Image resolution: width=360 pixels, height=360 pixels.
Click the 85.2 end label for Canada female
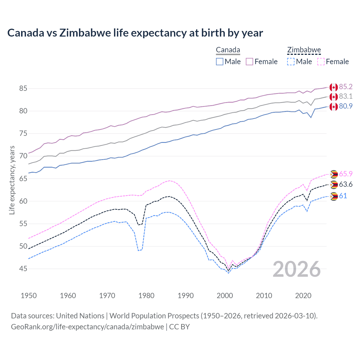pyautogui.click(x=346, y=87)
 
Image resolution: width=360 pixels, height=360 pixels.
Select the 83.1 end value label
pyautogui.click(x=346, y=96)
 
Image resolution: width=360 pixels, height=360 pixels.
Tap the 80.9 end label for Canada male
pyautogui.click(x=346, y=106)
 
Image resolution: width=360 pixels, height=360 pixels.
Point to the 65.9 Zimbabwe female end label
pyautogui.click(x=346, y=174)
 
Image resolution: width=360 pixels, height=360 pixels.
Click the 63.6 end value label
pyautogui.click(x=346, y=184)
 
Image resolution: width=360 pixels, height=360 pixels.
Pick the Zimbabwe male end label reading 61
pyautogui.click(x=343, y=196)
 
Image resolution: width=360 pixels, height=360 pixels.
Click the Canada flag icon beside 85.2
pyautogui.click(x=334, y=87)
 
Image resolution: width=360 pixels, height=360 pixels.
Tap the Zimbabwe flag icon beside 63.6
pyautogui.click(x=334, y=185)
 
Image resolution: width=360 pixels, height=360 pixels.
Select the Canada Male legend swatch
pyautogui.click(x=220, y=62)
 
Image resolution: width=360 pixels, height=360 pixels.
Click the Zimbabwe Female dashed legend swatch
pyautogui.click(x=321, y=62)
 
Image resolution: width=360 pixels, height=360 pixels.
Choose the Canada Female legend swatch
pyautogui.click(x=249, y=62)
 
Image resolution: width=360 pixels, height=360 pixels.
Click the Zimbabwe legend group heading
pyautogui.click(x=304, y=50)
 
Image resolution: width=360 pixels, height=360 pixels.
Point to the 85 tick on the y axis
pyautogui.click(x=23, y=89)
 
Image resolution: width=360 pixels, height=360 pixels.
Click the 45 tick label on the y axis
pyautogui.click(x=23, y=269)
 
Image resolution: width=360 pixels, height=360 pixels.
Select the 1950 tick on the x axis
pyautogui.click(x=29, y=296)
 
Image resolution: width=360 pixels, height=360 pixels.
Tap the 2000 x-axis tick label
pyautogui.click(x=225, y=296)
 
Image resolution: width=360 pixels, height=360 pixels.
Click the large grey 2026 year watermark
pyautogui.click(x=297, y=269)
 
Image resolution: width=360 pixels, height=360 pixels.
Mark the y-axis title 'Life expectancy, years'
pyautogui.click(x=12, y=180)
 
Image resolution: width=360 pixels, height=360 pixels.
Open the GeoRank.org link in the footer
pyautogui.click(x=87, y=327)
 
